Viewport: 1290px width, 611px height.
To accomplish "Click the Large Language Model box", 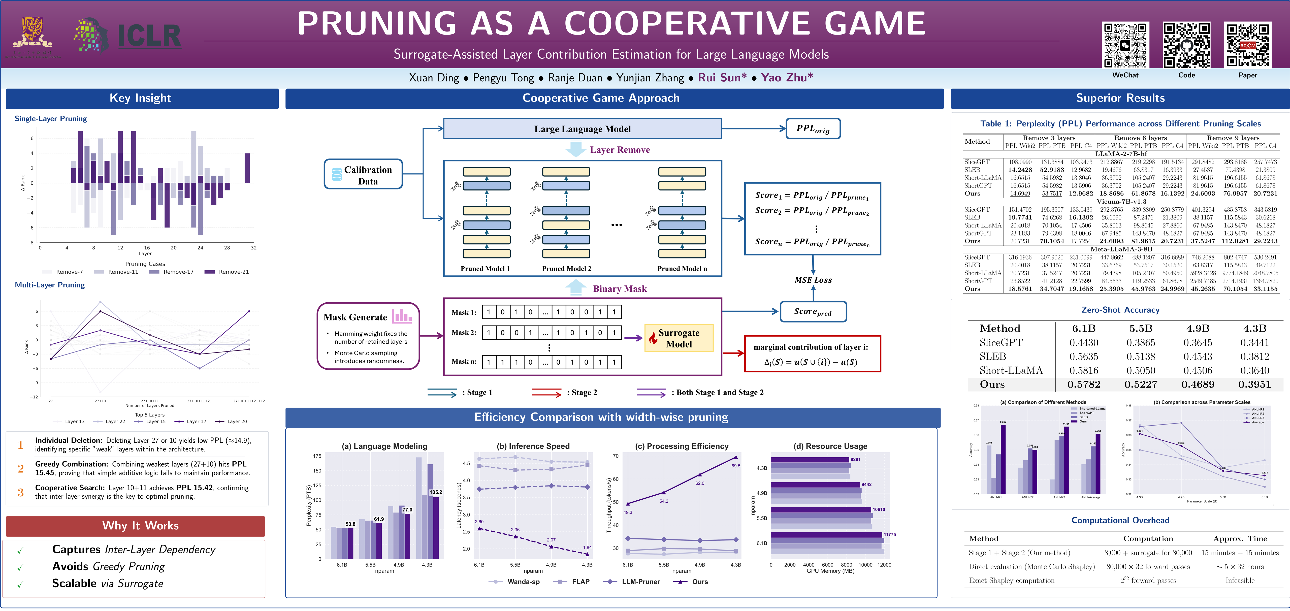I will click(x=582, y=129).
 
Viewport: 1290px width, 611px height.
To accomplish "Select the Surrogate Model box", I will click(x=679, y=339).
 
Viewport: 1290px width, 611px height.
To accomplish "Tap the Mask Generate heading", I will click(x=355, y=317).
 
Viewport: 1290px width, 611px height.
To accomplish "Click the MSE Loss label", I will click(x=813, y=280).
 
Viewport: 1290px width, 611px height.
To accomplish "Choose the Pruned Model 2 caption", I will click(x=566, y=269).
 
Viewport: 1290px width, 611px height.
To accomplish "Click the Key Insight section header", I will click(x=141, y=98).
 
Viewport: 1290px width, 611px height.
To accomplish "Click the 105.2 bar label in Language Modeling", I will click(x=436, y=492).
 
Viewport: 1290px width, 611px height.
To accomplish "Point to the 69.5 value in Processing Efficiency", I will click(x=735, y=466).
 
